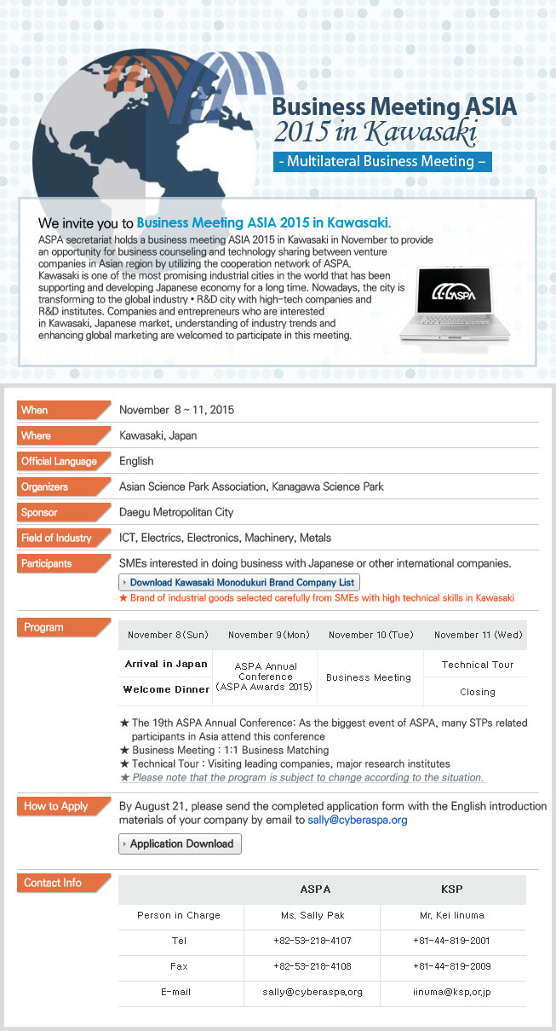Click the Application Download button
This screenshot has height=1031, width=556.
click(x=181, y=844)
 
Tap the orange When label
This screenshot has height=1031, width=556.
click(x=63, y=410)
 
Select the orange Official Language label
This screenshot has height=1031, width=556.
click(x=63, y=461)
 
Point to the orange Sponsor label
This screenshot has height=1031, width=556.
click(x=63, y=512)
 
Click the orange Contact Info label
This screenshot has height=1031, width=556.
click(x=61, y=883)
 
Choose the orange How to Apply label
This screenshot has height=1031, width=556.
click(x=61, y=806)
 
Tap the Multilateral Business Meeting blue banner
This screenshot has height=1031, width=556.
click(x=382, y=161)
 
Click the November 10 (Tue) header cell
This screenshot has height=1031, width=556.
click(x=370, y=635)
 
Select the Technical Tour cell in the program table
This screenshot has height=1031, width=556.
click(x=478, y=665)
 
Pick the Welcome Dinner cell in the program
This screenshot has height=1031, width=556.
click(x=166, y=689)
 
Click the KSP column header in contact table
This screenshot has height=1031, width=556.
click(x=452, y=889)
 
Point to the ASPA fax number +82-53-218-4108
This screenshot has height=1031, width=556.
click(x=312, y=966)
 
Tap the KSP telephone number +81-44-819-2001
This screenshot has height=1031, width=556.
click(x=451, y=941)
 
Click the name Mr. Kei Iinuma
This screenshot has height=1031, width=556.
click(x=452, y=915)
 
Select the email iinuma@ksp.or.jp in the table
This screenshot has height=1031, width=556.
click(x=451, y=992)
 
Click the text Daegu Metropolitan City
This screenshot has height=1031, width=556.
click(x=176, y=512)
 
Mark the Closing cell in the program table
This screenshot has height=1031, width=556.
click(x=477, y=692)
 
